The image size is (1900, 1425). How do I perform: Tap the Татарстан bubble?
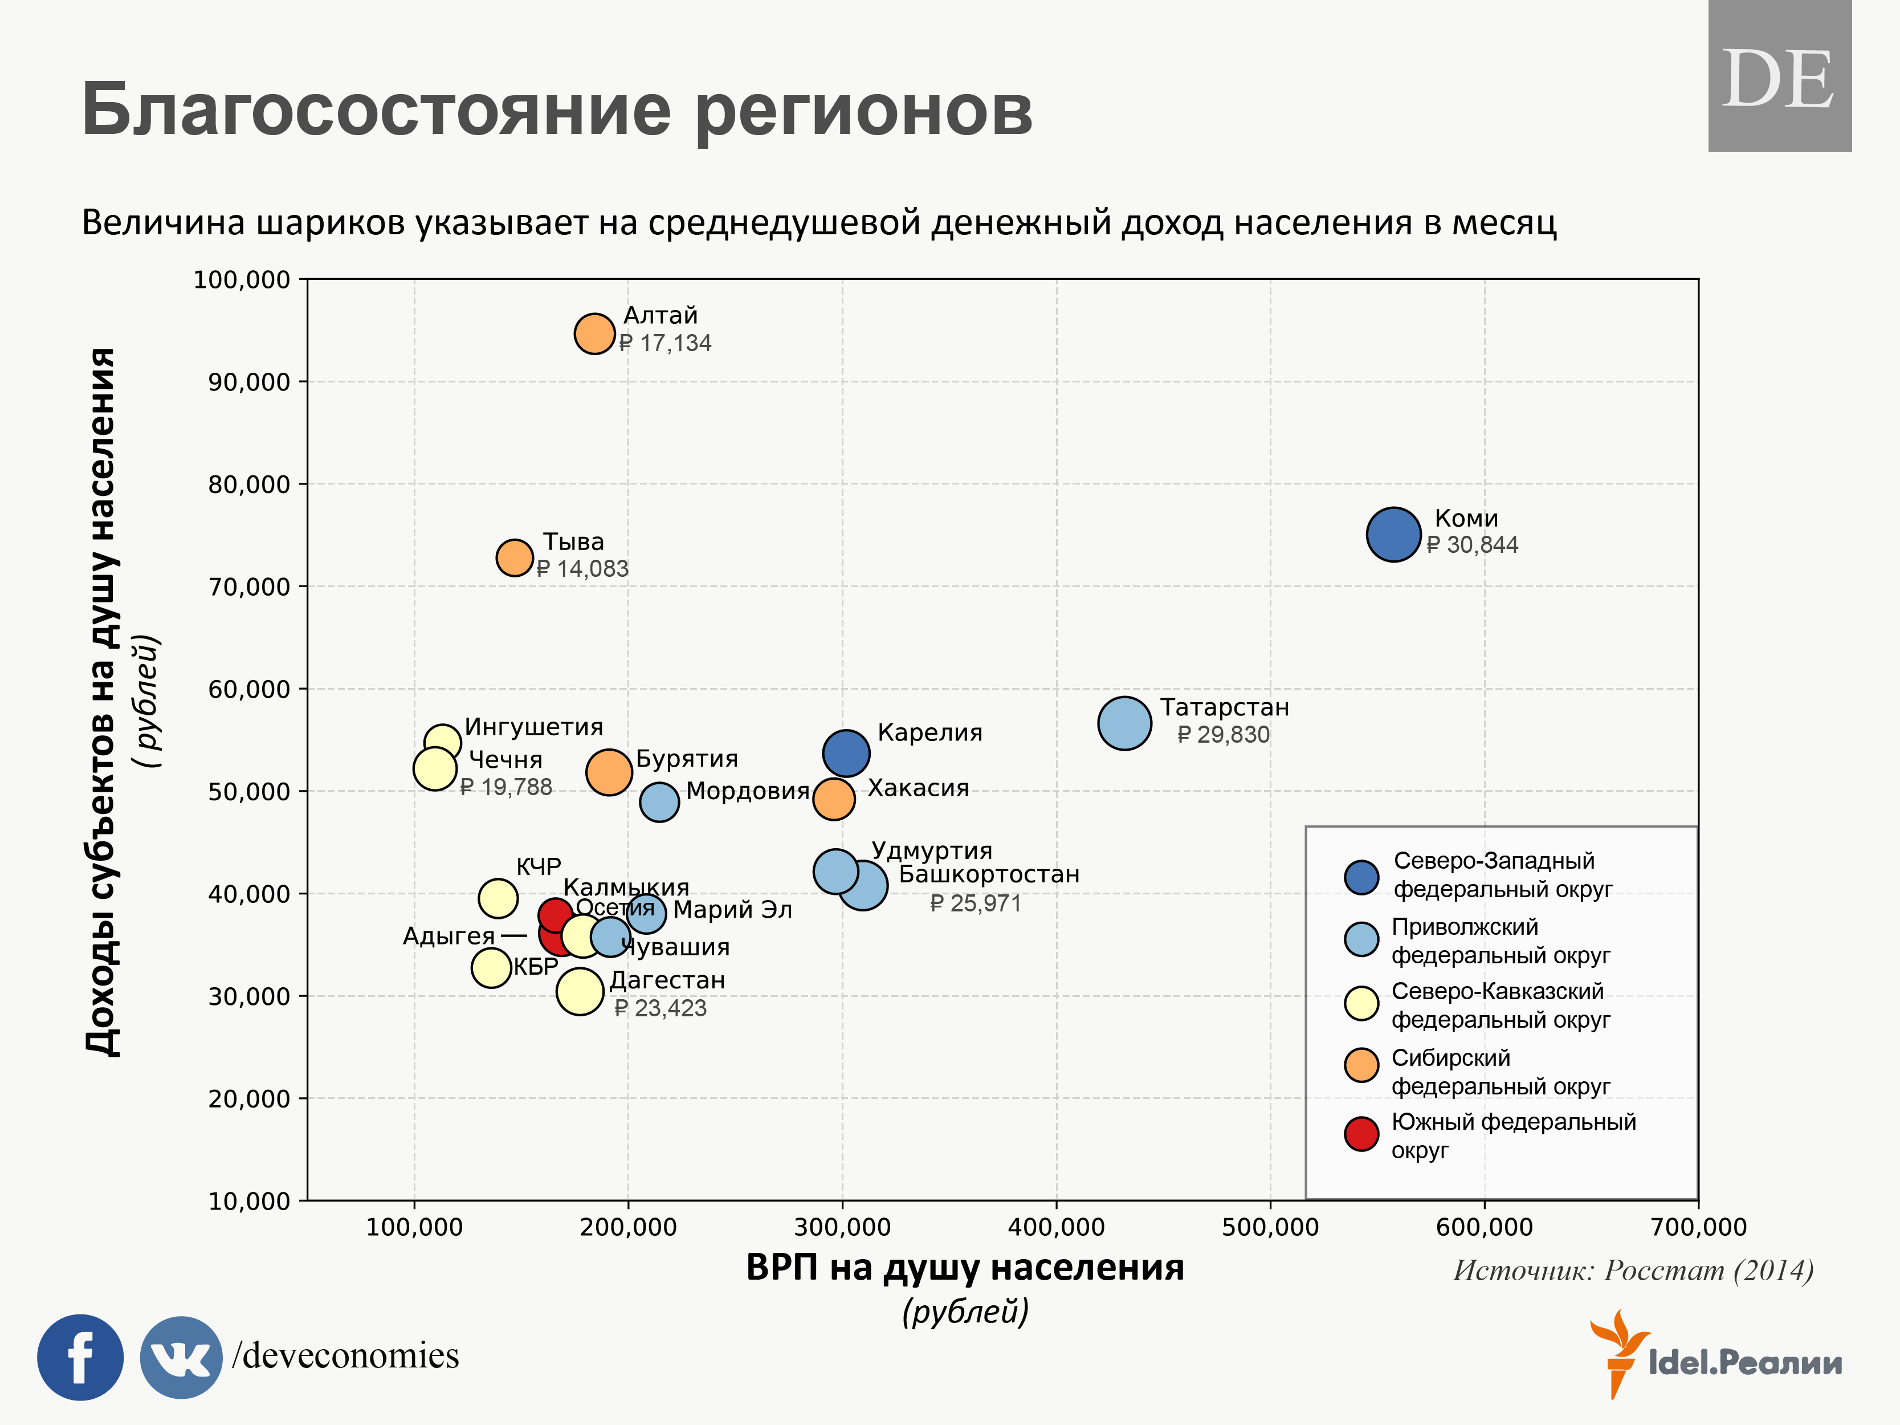pos(1123,723)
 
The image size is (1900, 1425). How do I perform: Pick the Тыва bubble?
pos(515,557)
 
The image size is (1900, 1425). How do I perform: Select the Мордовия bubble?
pos(659,801)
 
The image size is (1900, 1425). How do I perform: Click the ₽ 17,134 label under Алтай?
pos(666,344)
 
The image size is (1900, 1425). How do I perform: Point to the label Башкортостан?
pos(989,874)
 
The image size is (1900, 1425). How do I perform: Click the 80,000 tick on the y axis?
pos(249,484)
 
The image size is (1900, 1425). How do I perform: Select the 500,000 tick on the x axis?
pos(1270,1227)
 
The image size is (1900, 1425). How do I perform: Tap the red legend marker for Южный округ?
pos(1361,1134)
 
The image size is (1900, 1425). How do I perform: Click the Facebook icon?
pos(80,1357)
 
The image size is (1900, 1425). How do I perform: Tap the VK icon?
pos(181,1357)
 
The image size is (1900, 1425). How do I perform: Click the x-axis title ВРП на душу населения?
pos(965,1268)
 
